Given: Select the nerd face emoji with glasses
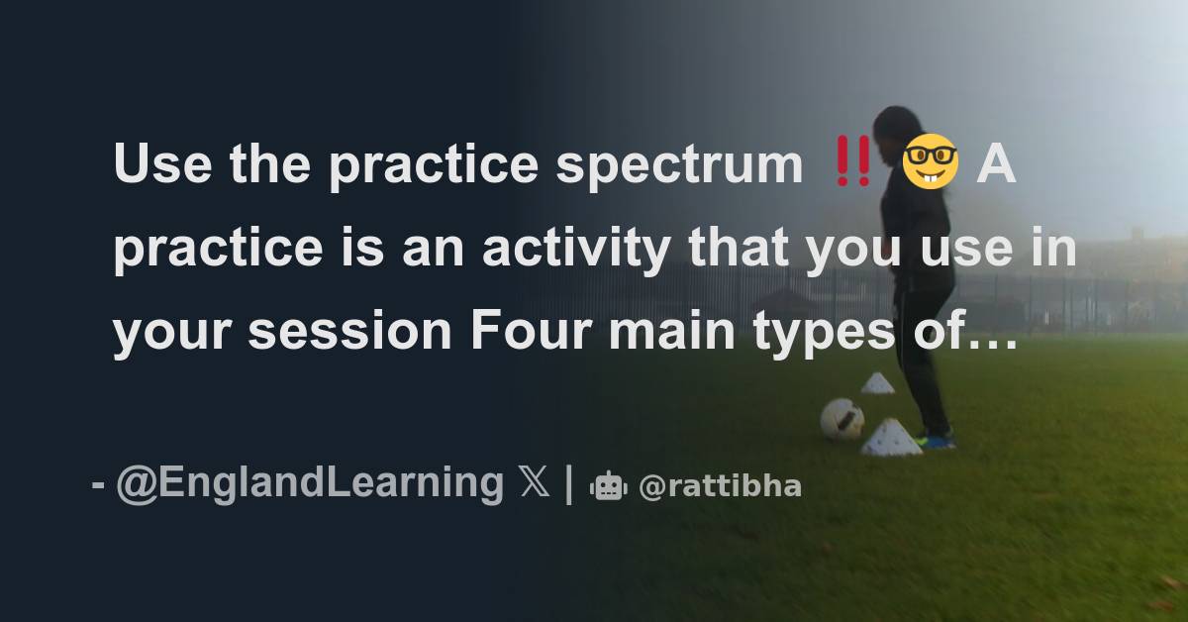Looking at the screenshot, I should tap(929, 164).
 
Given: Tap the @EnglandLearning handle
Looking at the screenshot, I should tap(310, 483).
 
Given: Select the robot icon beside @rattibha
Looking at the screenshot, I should tap(609, 486).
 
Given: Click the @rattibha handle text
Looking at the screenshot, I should tap(720, 486).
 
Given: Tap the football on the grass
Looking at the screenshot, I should tap(841, 419).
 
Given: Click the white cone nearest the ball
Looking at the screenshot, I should tap(891, 438).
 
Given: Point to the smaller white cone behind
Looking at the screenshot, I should tap(877, 383).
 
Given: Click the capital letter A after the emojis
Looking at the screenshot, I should tap(996, 164).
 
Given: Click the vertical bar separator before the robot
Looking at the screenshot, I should tap(568, 484).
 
